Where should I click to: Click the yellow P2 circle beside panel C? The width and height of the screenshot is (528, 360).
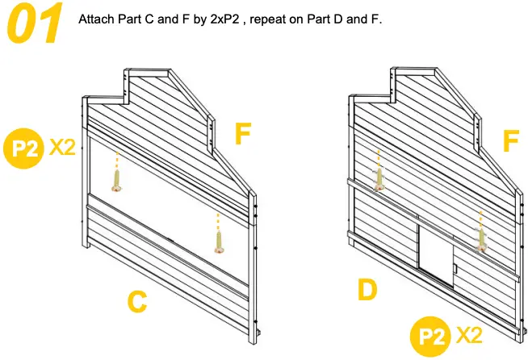click(x=23, y=148)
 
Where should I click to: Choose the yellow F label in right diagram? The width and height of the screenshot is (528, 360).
click(x=510, y=143)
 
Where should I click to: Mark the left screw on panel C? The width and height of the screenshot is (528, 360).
click(x=117, y=179)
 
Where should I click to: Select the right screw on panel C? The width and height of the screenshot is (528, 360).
click(x=218, y=241)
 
